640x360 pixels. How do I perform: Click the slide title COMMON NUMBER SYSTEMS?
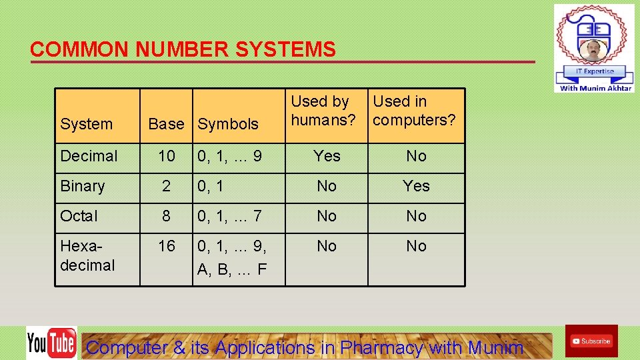(x=183, y=49)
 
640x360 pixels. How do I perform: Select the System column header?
(x=87, y=124)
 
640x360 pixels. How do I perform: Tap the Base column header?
(x=166, y=124)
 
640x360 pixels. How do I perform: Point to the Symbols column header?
(x=228, y=124)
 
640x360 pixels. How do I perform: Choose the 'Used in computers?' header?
(x=414, y=111)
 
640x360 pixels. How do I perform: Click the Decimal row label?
(x=89, y=156)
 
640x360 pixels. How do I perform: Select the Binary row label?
(x=83, y=186)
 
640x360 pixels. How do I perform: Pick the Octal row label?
(x=79, y=216)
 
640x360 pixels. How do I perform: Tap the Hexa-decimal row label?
(x=87, y=255)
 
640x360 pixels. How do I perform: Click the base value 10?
(x=166, y=156)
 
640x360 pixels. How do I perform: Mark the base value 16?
(x=166, y=246)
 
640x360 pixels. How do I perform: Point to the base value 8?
(x=166, y=216)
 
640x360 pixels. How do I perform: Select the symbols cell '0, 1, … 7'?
(x=229, y=216)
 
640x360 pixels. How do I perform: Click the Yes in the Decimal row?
(x=327, y=156)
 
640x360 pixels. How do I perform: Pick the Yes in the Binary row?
(x=416, y=186)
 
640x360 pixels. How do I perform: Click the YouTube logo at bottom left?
(x=51, y=343)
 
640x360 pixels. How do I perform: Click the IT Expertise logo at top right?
(x=594, y=48)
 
